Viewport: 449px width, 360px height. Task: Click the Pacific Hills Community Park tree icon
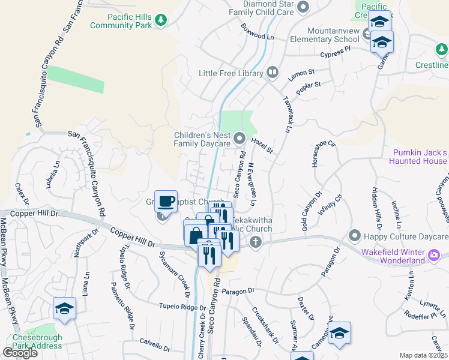pyautogui.click(x=160, y=20)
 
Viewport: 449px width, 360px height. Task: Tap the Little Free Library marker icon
pyautogui.click(x=273, y=73)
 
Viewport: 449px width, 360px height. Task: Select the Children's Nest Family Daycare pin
pyautogui.click(x=240, y=139)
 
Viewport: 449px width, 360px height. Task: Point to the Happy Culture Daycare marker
pyautogui.click(x=354, y=235)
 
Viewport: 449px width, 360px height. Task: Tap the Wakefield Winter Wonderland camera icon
pyautogui.click(x=434, y=257)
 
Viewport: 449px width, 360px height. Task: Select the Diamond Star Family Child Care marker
pyautogui.click(x=303, y=7)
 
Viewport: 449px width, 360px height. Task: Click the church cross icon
pyautogui.click(x=256, y=242)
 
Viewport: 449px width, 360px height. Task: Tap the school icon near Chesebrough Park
pyautogui.click(x=64, y=308)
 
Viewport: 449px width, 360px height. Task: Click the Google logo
pyautogui.click(x=20, y=353)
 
